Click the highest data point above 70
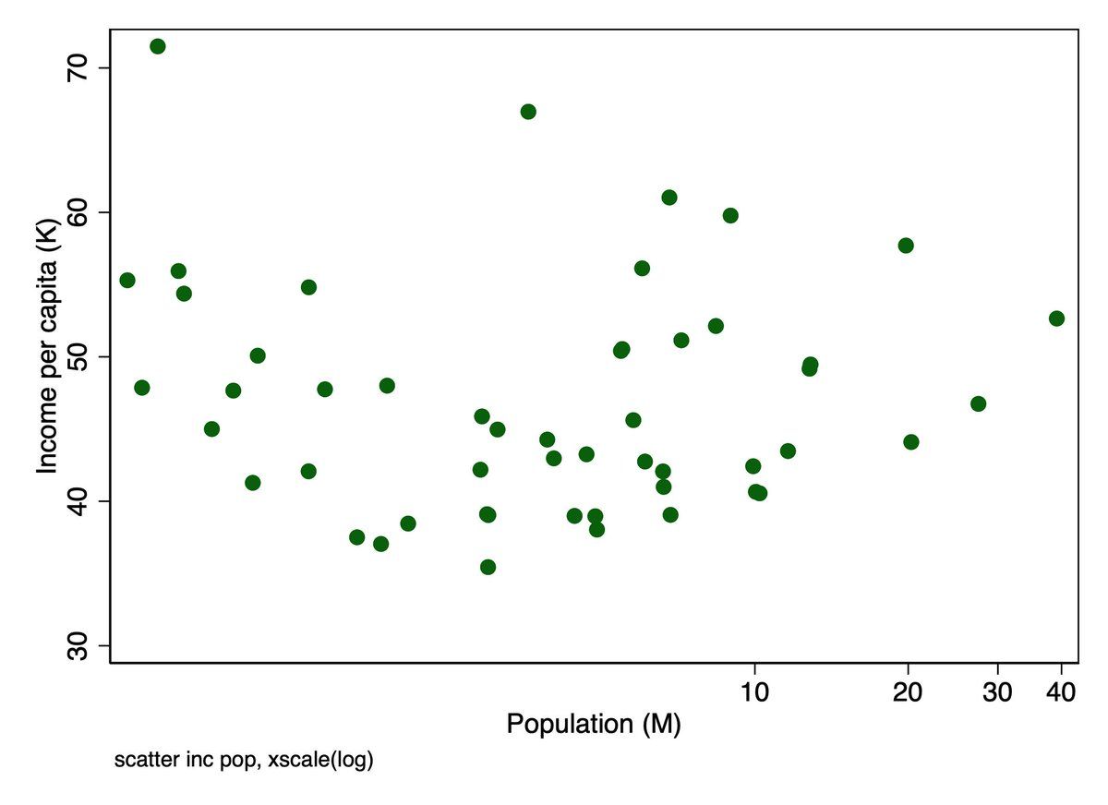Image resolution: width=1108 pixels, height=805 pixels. [x=157, y=46]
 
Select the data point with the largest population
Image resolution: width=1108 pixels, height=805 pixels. [x=1056, y=318]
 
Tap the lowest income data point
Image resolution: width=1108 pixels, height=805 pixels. [x=488, y=567]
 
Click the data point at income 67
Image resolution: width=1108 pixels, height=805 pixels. [x=528, y=112]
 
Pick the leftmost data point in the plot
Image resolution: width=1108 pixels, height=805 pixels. [x=127, y=280]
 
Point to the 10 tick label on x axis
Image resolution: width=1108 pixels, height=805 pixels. [x=755, y=691]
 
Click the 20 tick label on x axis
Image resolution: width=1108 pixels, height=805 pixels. [x=909, y=691]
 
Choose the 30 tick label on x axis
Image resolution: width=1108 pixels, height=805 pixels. [x=998, y=691]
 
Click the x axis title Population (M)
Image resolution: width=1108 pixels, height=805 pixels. [x=594, y=725]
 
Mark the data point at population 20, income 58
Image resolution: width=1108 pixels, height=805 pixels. [x=906, y=246]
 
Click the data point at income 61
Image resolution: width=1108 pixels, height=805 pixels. [x=669, y=198]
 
